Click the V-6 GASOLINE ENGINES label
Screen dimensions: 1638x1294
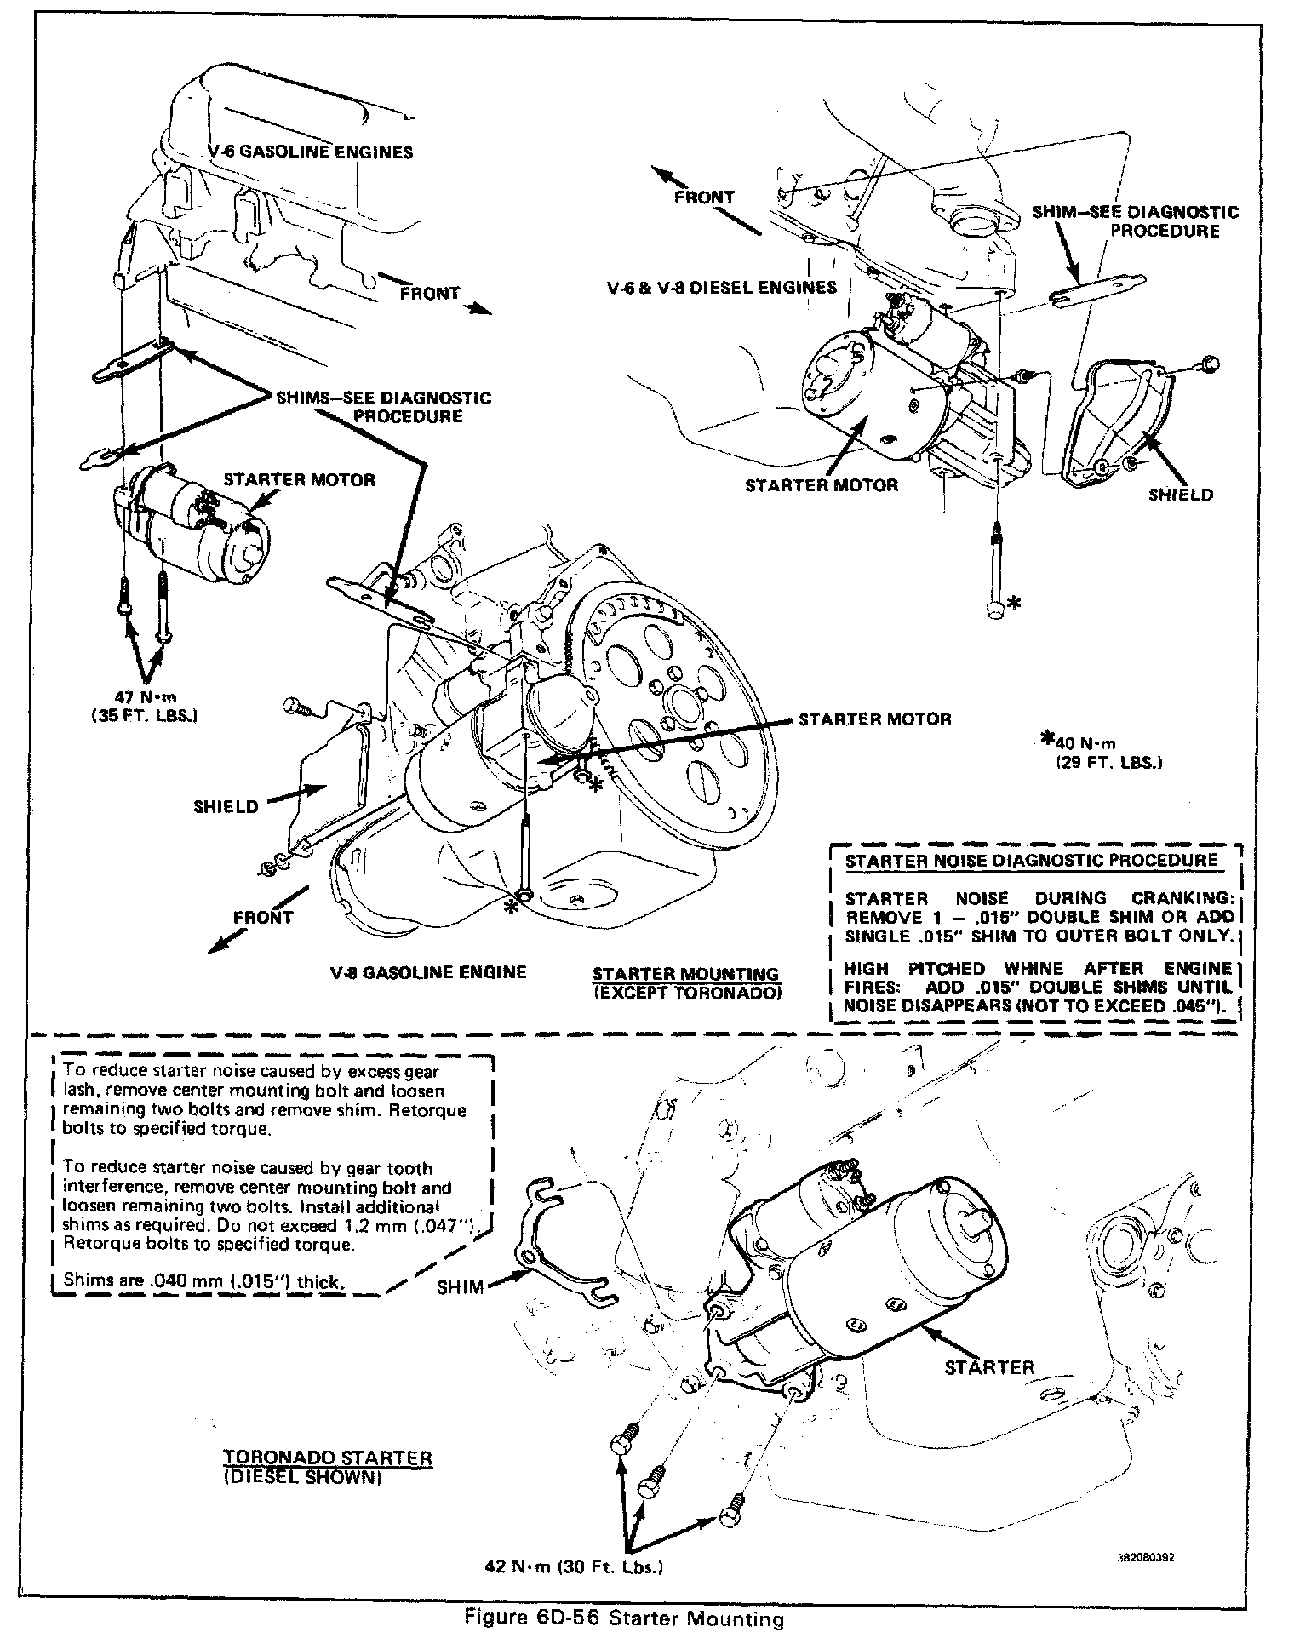(x=311, y=152)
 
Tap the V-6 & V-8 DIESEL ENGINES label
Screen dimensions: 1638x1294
(x=722, y=287)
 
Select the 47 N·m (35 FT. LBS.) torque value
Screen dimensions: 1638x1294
(x=145, y=707)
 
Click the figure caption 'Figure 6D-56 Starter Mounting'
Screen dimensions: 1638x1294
(x=623, y=1618)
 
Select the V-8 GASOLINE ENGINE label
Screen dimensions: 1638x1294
(x=429, y=972)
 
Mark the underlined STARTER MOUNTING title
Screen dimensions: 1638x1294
(x=685, y=973)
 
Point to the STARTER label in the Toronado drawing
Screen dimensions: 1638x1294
(x=989, y=1367)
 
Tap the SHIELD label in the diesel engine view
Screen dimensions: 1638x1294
(x=1181, y=495)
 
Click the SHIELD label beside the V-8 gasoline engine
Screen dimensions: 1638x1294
(x=226, y=805)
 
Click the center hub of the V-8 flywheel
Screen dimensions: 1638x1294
(x=685, y=703)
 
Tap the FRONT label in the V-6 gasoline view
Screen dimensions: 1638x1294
(x=430, y=294)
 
